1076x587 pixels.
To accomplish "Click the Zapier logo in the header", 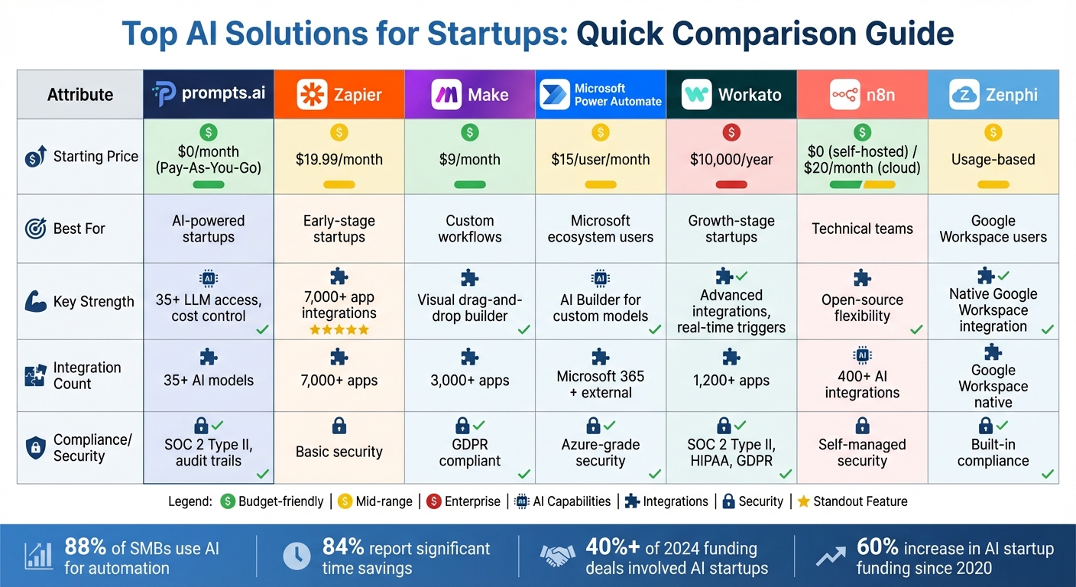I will [311, 95].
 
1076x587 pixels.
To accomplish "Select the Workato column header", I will [731, 95].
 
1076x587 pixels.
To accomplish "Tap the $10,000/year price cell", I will [731, 160].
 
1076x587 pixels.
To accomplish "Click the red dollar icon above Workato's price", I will [731, 133].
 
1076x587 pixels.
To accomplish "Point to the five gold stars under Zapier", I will [339, 329].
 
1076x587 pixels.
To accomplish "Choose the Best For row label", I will [79, 229].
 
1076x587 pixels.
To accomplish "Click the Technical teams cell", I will [862, 229].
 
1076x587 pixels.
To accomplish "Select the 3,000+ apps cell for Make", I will [469, 381].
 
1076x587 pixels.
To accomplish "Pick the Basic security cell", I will [339, 452].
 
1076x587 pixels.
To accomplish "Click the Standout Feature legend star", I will [803, 501].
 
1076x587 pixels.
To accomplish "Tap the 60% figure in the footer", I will [877, 548].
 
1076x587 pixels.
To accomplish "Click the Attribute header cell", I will [79, 95].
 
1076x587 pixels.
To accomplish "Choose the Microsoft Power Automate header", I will [601, 95].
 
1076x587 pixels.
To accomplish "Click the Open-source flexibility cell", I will [862, 307].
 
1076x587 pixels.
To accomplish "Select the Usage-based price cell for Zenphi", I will [993, 160].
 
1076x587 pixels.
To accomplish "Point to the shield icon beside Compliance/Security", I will [35, 448].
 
